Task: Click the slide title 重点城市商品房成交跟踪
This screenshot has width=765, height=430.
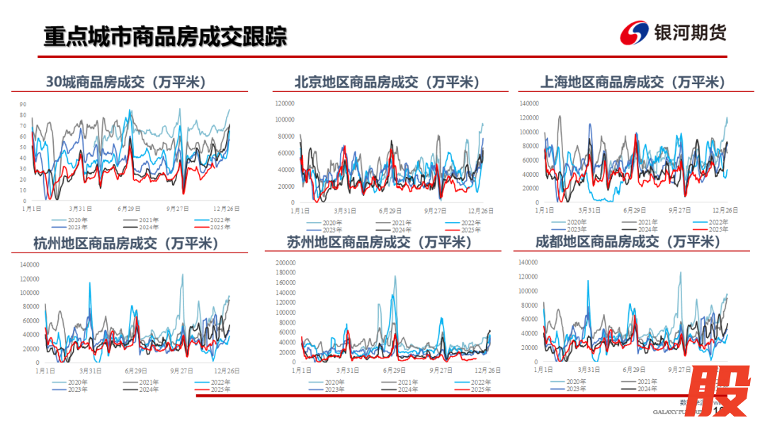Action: pos(166,37)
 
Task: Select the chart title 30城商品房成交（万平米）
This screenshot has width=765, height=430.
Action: pos(126,83)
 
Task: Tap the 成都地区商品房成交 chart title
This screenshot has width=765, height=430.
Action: pos(628,243)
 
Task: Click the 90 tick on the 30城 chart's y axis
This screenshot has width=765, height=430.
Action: pos(23,105)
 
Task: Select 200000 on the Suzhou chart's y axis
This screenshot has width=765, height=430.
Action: pos(283,262)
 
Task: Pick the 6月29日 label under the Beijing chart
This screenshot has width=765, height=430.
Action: pos(390,211)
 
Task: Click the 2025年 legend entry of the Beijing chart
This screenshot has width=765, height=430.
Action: pos(471,230)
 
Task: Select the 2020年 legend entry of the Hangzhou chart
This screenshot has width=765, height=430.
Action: pos(78,383)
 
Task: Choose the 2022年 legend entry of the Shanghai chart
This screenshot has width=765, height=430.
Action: pos(718,223)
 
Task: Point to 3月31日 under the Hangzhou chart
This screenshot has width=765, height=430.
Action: pos(89,371)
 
